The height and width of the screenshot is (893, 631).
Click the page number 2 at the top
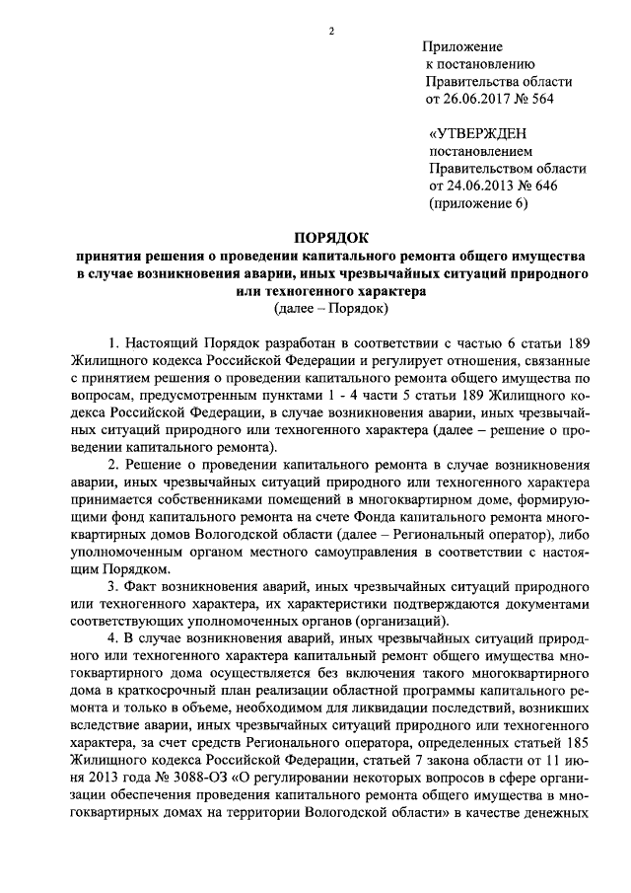(331, 31)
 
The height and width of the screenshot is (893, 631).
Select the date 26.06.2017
(479, 100)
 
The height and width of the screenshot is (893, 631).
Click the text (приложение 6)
(479, 205)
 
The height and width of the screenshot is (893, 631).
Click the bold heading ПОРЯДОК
(331, 237)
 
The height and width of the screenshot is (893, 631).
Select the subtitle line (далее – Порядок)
(331, 309)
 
